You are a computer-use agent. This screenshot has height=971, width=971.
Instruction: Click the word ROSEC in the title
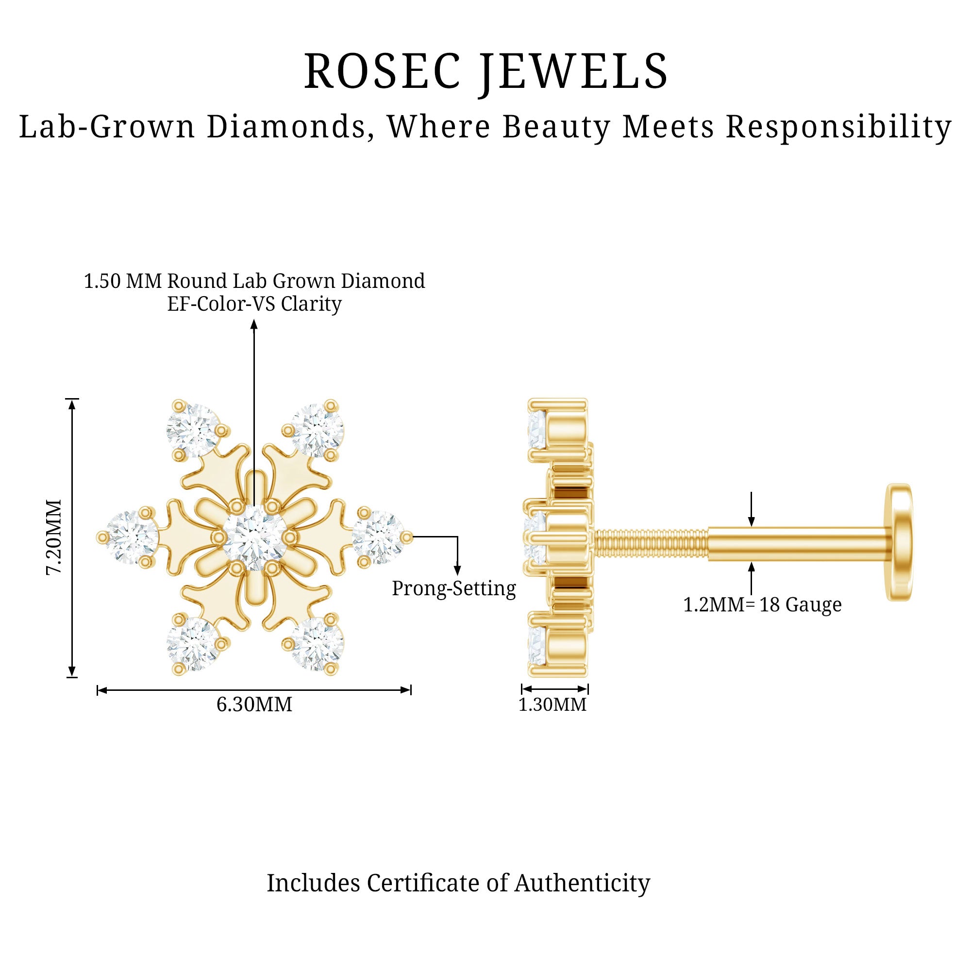pos(382,72)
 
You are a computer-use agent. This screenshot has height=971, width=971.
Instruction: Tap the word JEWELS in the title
pos(573,72)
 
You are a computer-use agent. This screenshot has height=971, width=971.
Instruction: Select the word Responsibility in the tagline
pos(838,127)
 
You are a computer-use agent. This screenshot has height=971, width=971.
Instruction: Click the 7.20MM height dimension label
pos(54,537)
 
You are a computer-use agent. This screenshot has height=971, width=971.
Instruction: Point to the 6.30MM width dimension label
pos(254,704)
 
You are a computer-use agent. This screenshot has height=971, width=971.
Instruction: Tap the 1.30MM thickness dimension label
pos(552,704)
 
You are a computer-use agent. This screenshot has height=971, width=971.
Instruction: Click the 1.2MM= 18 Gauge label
pos(762,604)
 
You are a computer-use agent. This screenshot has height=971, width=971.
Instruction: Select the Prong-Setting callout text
pos(453,588)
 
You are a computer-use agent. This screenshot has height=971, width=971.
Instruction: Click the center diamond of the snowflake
pos(254,538)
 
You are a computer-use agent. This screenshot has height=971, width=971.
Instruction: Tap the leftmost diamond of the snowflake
pos(132,537)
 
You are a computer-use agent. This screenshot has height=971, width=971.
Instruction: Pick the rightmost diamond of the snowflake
pos(377,537)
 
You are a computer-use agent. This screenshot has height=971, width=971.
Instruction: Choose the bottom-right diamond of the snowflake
pos(317,644)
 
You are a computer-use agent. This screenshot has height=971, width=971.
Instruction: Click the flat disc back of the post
pos(900,542)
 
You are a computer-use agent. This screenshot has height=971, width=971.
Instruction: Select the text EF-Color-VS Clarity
pos(254,304)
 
